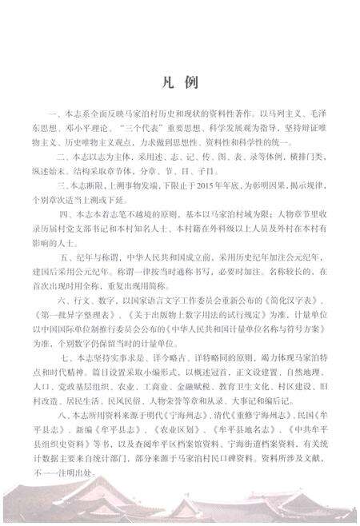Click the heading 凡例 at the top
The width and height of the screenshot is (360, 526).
coord(179,82)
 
